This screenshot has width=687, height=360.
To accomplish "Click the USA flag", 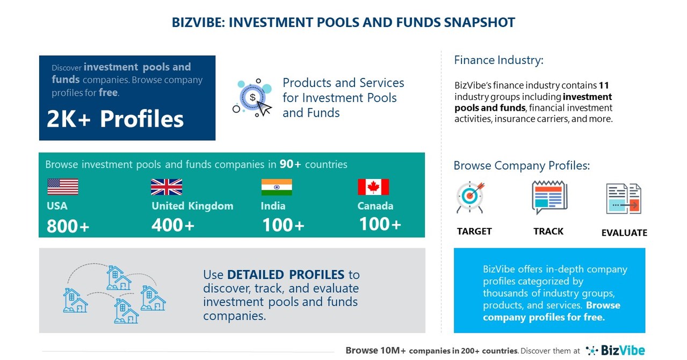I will tap(62, 187).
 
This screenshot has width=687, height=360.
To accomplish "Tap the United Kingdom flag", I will tap(166, 187).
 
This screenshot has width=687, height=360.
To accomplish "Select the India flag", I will tap(277, 187).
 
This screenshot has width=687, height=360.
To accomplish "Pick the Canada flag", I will tap(373, 187).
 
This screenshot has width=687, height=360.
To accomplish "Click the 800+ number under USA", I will tap(68, 226).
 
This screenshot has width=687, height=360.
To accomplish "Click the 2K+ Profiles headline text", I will tap(115, 119).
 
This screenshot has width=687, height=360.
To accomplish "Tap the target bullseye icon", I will tap(471, 197).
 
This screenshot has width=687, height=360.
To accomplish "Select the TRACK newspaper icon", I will tap(549, 197).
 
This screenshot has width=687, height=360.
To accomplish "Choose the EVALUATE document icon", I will tap(624, 199).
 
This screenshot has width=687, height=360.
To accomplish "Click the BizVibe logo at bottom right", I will tap(615, 350).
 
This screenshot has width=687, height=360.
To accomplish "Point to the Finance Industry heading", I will tap(498, 60).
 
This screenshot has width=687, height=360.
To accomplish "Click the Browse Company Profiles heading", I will tap(522, 165).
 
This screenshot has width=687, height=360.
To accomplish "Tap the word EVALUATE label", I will tap(624, 233).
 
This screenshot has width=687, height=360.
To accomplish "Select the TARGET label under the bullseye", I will tap(474, 232).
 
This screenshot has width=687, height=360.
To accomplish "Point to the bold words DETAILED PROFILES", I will tap(286, 275).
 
